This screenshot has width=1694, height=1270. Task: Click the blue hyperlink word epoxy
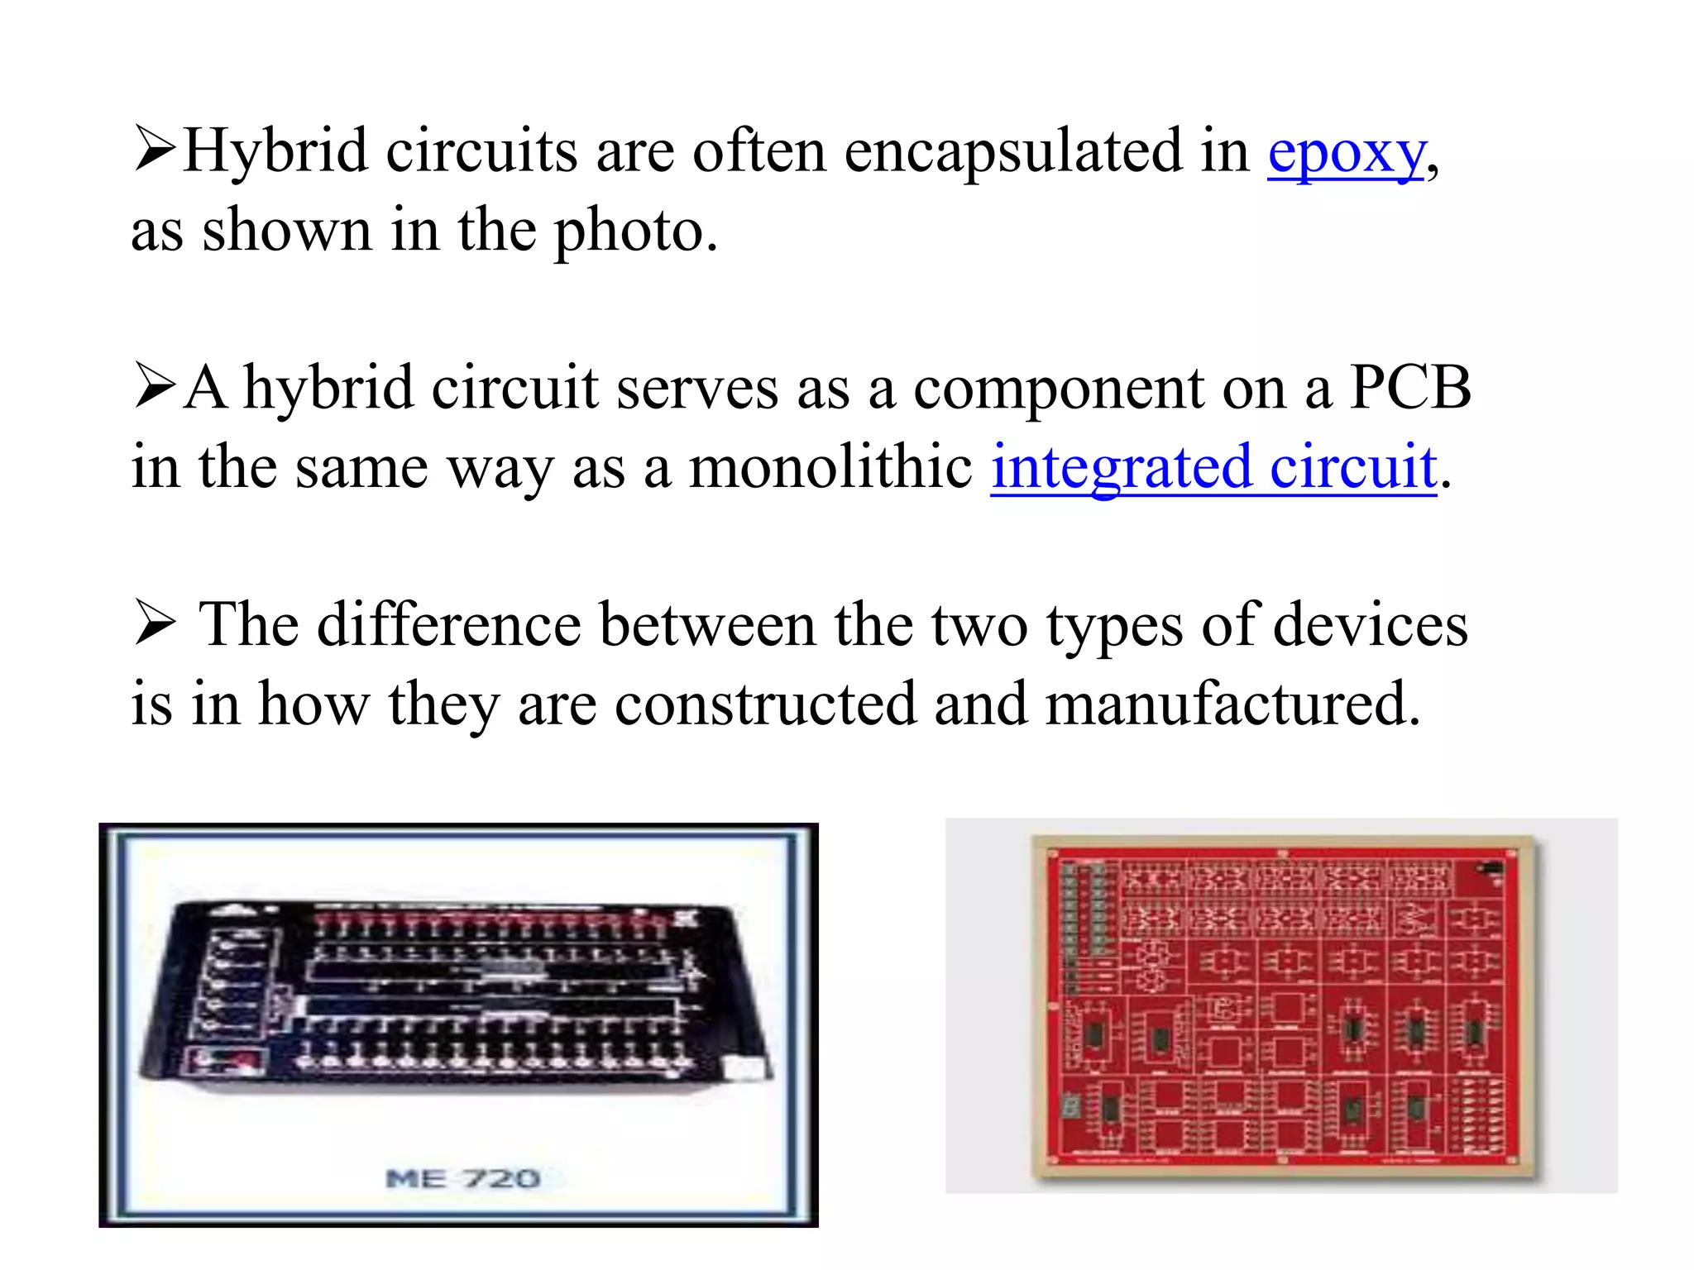coord(1347,154)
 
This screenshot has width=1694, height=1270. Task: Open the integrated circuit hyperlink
coord(1213,467)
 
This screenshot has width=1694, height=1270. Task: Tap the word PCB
coord(1410,388)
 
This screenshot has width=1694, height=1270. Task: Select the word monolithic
coord(830,467)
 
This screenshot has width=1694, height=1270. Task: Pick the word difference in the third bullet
coord(449,625)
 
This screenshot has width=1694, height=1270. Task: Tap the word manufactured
coord(1232,704)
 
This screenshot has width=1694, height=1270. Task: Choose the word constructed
coord(766,704)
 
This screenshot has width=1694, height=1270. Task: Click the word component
coord(1059,389)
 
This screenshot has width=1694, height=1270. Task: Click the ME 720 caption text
coord(463,1178)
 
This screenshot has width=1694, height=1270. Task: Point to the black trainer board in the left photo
coord(455,992)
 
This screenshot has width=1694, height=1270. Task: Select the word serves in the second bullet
coord(696,388)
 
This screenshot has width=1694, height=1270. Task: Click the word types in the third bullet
coord(1114,627)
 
